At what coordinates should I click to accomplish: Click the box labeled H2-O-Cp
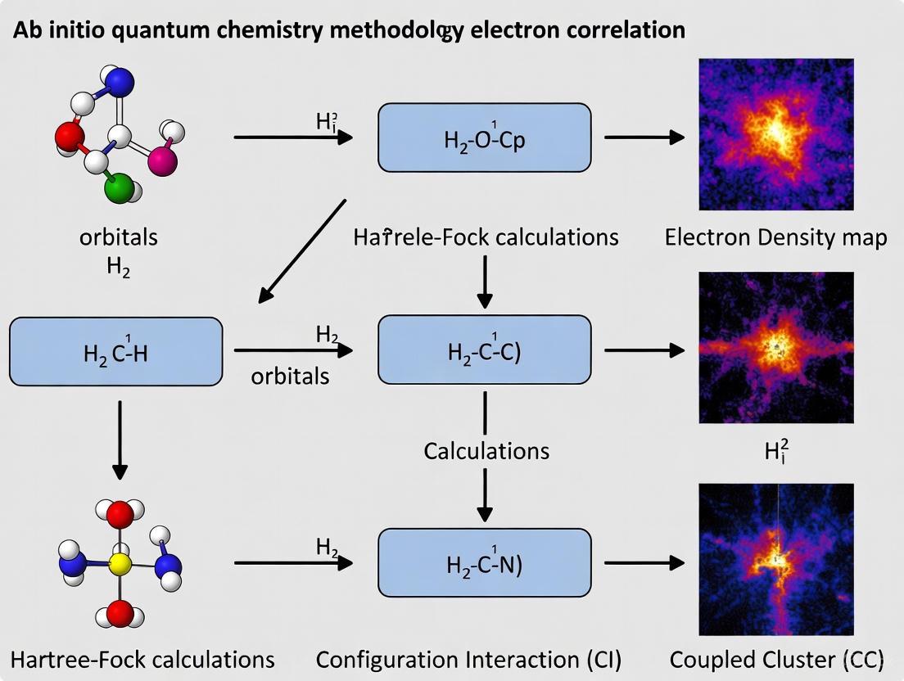click(x=484, y=138)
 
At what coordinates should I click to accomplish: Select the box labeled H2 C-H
click(x=115, y=352)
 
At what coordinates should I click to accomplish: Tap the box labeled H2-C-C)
click(x=484, y=350)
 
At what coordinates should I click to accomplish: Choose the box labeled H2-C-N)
click(x=484, y=563)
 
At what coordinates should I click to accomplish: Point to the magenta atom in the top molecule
click(x=162, y=160)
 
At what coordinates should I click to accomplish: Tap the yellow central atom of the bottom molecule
click(x=120, y=564)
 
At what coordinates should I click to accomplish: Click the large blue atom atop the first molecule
click(x=120, y=83)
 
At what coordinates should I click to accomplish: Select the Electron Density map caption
click(x=775, y=238)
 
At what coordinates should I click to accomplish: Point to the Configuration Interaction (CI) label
click(x=468, y=660)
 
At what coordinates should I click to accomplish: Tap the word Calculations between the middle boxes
click(x=486, y=451)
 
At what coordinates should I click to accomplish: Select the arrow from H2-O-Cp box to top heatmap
click(x=644, y=138)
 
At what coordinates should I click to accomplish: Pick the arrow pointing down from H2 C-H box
click(x=120, y=440)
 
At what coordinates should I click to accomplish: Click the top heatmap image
click(x=775, y=134)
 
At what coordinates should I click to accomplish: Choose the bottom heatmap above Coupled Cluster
click(x=775, y=559)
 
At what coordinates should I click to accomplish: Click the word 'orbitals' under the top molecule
click(x=119, y=237)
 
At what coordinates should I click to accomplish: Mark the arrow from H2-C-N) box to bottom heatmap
click(x=644, y=563)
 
